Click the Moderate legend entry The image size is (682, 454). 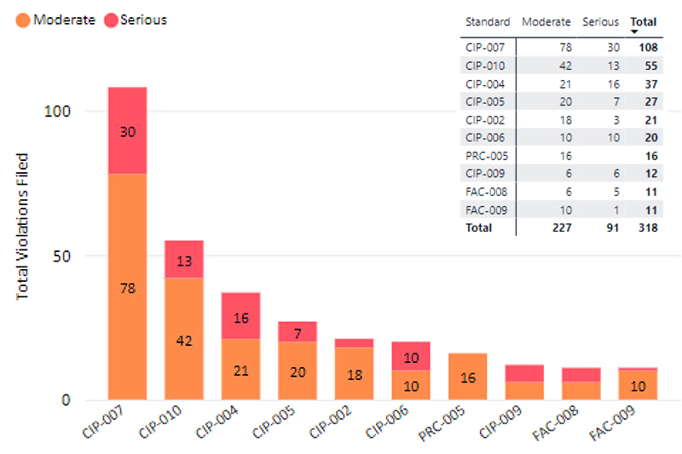point(55,20)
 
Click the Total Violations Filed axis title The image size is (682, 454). point(23,226)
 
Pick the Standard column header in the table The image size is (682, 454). point(488,22)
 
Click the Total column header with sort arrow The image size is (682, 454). point(644,22)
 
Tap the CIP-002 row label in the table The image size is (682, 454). point(486,120)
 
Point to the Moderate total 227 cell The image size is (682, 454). point(559,227)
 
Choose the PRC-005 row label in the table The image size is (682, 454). point(486,156)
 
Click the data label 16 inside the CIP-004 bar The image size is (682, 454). point(240,318)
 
